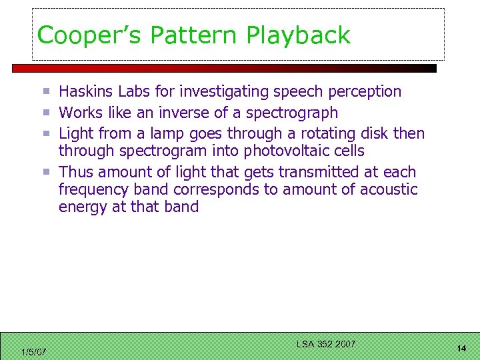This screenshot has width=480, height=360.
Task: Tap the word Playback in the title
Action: pos(298,35)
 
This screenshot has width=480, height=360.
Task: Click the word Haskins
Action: pos(85,91)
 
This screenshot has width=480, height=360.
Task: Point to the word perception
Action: pos(361,91)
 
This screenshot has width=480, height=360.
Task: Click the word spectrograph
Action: pos(292,113)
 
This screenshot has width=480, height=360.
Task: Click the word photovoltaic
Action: pos(285,151)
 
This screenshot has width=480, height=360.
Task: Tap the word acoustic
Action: pos(389,189)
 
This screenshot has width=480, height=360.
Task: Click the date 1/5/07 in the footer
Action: pos(34,351)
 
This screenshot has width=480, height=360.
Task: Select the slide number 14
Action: pos(461,349)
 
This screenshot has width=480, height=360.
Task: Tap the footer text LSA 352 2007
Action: pos(326,344)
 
